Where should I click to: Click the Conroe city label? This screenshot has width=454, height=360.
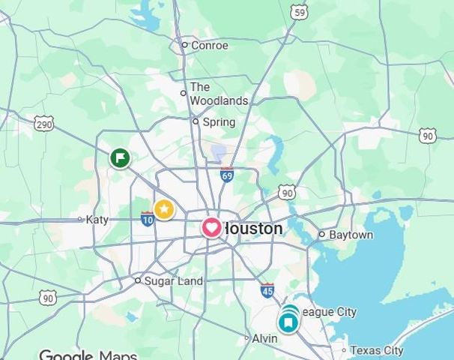point(209,45)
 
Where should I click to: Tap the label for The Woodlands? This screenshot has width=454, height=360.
point(218,94)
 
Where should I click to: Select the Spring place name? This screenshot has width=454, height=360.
point(218,121)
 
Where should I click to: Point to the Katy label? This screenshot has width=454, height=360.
point(97,220)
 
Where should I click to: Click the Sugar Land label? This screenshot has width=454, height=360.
point(173,280)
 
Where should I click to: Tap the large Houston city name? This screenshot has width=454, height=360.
point(253,228)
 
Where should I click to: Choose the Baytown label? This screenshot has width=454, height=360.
point(351,235)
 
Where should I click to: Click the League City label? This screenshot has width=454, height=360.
point(330,312)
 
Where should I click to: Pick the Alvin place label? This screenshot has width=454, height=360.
point(264,338)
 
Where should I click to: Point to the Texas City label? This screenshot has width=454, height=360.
point(376,350)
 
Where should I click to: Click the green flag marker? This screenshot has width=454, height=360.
point(120,158)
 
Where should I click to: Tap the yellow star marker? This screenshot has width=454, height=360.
point(164,209)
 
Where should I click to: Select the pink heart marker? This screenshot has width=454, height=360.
point(212,227)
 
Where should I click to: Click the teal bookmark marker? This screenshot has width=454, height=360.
point(288,322)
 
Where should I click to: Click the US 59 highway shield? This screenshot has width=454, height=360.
point(300,12)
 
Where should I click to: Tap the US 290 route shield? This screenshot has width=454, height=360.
point(44,123)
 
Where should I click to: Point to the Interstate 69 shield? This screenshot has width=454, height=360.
point(226,175)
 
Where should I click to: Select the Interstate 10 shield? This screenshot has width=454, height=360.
point(147,219)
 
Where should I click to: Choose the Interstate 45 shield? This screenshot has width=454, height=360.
point(267,290)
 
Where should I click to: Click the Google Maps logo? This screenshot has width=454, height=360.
point(88,355)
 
